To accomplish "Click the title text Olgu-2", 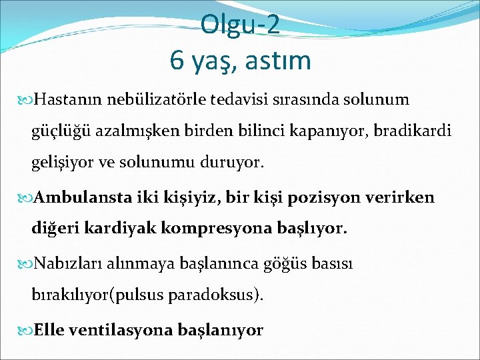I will click(240, 26).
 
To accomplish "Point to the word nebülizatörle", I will click(152, 100).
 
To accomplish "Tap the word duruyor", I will click(231, 162).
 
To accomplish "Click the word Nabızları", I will click(63, 263).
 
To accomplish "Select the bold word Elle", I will click(47, 329).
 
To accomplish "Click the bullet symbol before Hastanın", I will click(27, 101).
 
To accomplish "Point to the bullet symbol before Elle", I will click(27, 330).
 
